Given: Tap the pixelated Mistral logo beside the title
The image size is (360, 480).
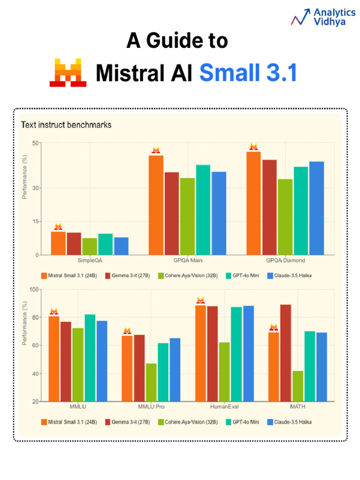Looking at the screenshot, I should pos(68,73).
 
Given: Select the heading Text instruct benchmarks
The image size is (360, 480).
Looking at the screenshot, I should pos(66,125).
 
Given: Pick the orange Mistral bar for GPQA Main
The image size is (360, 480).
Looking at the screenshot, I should pos(156,205).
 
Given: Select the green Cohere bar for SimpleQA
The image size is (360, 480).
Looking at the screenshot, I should pos(90,246).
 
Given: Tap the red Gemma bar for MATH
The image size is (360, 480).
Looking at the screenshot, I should pos(285,352).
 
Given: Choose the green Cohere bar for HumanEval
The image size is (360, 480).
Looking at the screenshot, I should pos(224,371).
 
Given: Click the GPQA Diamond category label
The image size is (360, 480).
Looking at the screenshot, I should pos(285,260).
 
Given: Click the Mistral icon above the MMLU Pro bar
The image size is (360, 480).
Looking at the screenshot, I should pos(127,331).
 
